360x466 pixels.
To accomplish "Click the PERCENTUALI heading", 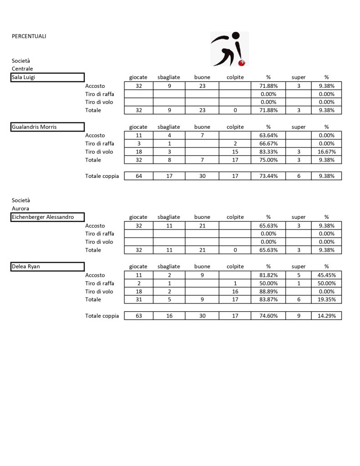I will pos(29,36).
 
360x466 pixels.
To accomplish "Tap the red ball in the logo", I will pos(243,63).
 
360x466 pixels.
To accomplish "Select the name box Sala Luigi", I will pos(48,77).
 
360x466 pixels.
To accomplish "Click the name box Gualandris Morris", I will pos(48,127).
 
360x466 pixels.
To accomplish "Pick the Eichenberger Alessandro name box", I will pos(48,217).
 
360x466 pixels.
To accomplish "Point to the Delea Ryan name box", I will pos(48,267).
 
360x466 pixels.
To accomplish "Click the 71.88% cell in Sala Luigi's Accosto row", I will pos(268,86).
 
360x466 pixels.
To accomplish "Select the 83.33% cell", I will pos(268,152).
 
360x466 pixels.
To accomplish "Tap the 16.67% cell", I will pos(326,152).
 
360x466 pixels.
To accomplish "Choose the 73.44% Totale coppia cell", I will pos(268,176).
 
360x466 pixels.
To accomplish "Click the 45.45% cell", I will pos(326,275).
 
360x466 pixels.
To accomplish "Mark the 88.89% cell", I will pos(268,291).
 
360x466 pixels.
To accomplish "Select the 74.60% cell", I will pos(268,316).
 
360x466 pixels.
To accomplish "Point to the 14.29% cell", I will pos(326,316).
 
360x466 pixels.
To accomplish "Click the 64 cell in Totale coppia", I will pos(138,176).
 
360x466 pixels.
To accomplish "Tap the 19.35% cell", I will pos(326,299).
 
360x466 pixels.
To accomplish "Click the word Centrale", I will pos(22,69).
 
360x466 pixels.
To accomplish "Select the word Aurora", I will pos(20,208).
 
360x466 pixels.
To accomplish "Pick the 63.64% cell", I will pos(268,135).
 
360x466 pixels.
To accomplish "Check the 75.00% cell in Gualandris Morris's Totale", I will pos(268,160).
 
